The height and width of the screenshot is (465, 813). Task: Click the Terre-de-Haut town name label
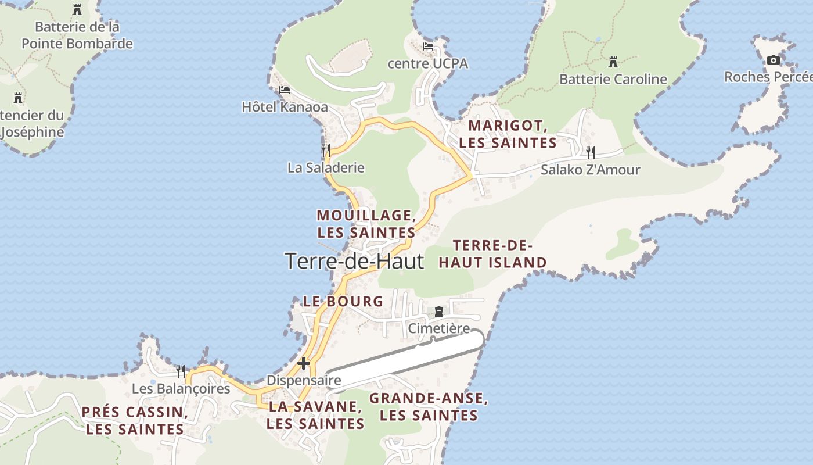click(x=354, y=261)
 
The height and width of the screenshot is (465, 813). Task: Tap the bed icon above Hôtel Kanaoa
click(x=284, y=90)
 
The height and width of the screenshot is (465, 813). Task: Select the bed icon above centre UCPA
click(x=428, y=46)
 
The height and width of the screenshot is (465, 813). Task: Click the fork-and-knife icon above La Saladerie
click(x=326, y=151)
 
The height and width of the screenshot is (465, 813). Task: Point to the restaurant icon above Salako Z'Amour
click(x=590, y=153)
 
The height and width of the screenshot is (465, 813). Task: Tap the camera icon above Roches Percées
click(x=773, y=60)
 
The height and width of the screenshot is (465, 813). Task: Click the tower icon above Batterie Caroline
click(x=613, y=62)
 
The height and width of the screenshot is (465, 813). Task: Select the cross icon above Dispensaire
click(x=303, y=363)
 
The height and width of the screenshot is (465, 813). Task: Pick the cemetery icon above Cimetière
click(x=438, y=312)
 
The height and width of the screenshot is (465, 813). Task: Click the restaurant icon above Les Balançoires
click(x=181, y=371)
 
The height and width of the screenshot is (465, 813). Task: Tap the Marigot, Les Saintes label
click(x=508, y=134)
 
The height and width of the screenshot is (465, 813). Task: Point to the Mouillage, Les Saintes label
click(x=366, y=224)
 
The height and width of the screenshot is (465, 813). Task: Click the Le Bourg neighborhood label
click(x=343, y=301)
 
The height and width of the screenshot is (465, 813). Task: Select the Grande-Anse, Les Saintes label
click(x=429, y=407)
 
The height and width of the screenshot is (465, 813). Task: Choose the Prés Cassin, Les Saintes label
click(x=135, y=421)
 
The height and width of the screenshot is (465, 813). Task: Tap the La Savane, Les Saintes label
click(x=315, y=415)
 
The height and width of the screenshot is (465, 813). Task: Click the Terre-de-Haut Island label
click(x=492, y=254)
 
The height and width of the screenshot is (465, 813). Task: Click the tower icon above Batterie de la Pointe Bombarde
click(x=77, y=10)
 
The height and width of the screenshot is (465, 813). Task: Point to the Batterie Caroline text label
click(x=613, y=79)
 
